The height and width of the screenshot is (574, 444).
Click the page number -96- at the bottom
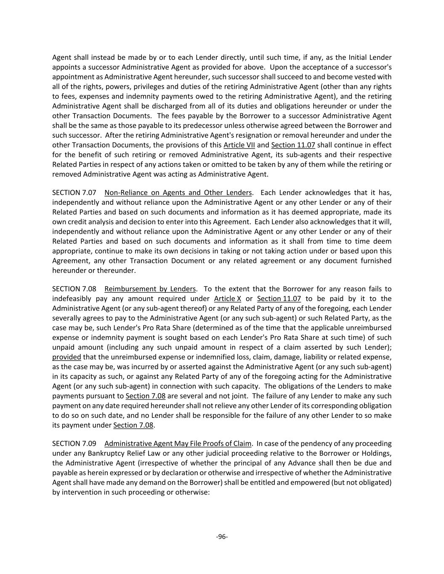click(222, 537)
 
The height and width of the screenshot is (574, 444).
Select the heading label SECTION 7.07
click(74, 193)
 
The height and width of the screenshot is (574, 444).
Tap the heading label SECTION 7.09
click(74, 444)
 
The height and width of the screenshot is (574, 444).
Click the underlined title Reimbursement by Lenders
click(150, 289)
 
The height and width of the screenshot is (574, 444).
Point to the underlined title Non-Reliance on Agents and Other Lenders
click(178, 193)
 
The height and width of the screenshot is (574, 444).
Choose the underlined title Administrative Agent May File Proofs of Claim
click(178, 444)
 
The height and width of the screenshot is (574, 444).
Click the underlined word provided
click(66, 357)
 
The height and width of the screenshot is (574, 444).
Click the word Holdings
click(377, 453)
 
